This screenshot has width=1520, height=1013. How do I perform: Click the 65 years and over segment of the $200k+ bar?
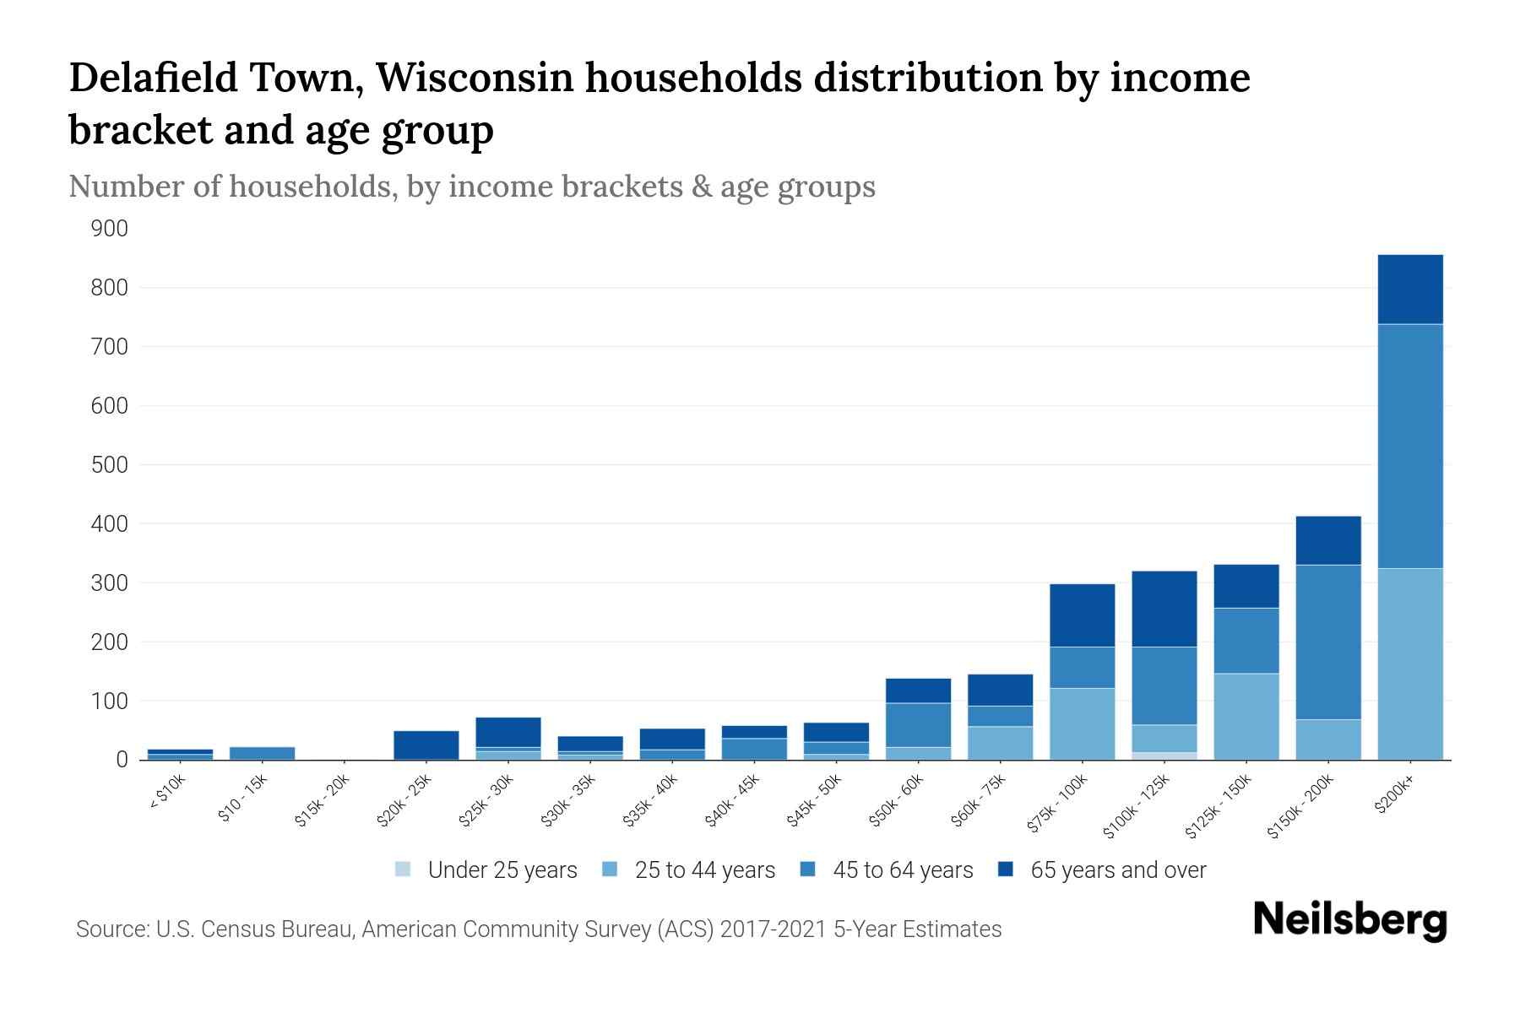click(x=1409, y=289)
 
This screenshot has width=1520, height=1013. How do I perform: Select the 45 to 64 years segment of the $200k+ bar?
click(x=1409, y=446)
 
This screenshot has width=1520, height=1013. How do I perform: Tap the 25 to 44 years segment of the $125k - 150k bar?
click(x=1246, y=716)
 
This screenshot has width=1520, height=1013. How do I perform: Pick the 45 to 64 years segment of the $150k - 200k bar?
click(x=1327, y=642)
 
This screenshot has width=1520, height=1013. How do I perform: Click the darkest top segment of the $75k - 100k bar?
click(x=1082, y=615)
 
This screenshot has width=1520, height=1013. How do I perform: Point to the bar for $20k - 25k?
click(x=426, y=745)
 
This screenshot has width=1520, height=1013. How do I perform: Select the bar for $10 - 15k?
click(x=262, y=753)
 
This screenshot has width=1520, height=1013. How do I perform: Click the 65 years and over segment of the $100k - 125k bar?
click(x=1164, y=609)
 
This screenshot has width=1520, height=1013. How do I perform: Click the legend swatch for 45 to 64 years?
click(x=808, y=869)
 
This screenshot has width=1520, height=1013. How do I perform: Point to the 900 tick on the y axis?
click(x=110, y=229)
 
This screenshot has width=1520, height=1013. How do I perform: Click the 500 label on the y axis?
click(x=110, y=465)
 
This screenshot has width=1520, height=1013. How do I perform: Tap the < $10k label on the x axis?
click(x=167, y=793)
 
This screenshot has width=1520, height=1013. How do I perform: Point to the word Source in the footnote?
click(x=111, y=929)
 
